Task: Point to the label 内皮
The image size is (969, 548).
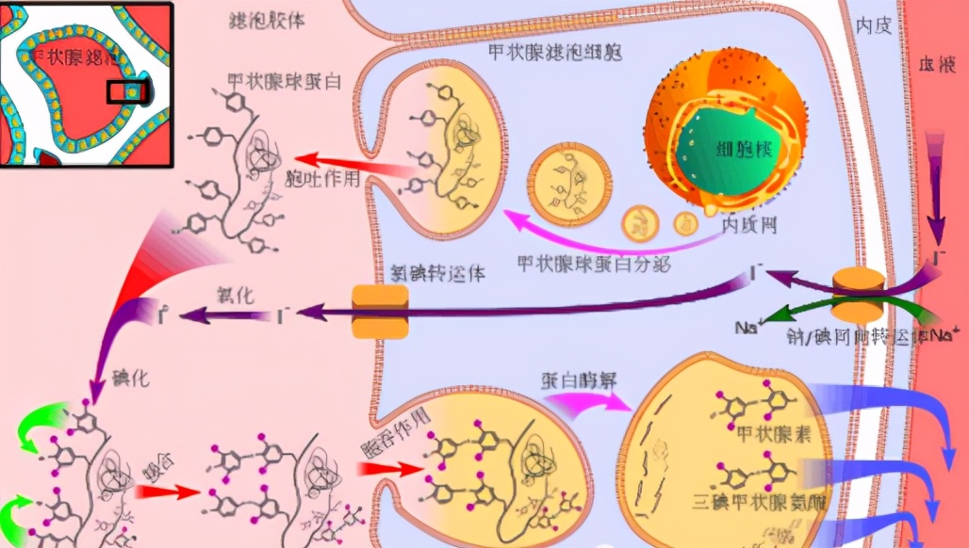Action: click(x=873, y=25)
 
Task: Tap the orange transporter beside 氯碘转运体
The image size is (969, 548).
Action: click(x=380, y=312)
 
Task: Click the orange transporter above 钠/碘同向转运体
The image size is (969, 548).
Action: click(x=858, y=295)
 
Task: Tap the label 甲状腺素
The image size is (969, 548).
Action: click(x=768, y=435)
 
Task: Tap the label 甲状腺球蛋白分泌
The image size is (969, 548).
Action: click(x=594, y=264)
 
